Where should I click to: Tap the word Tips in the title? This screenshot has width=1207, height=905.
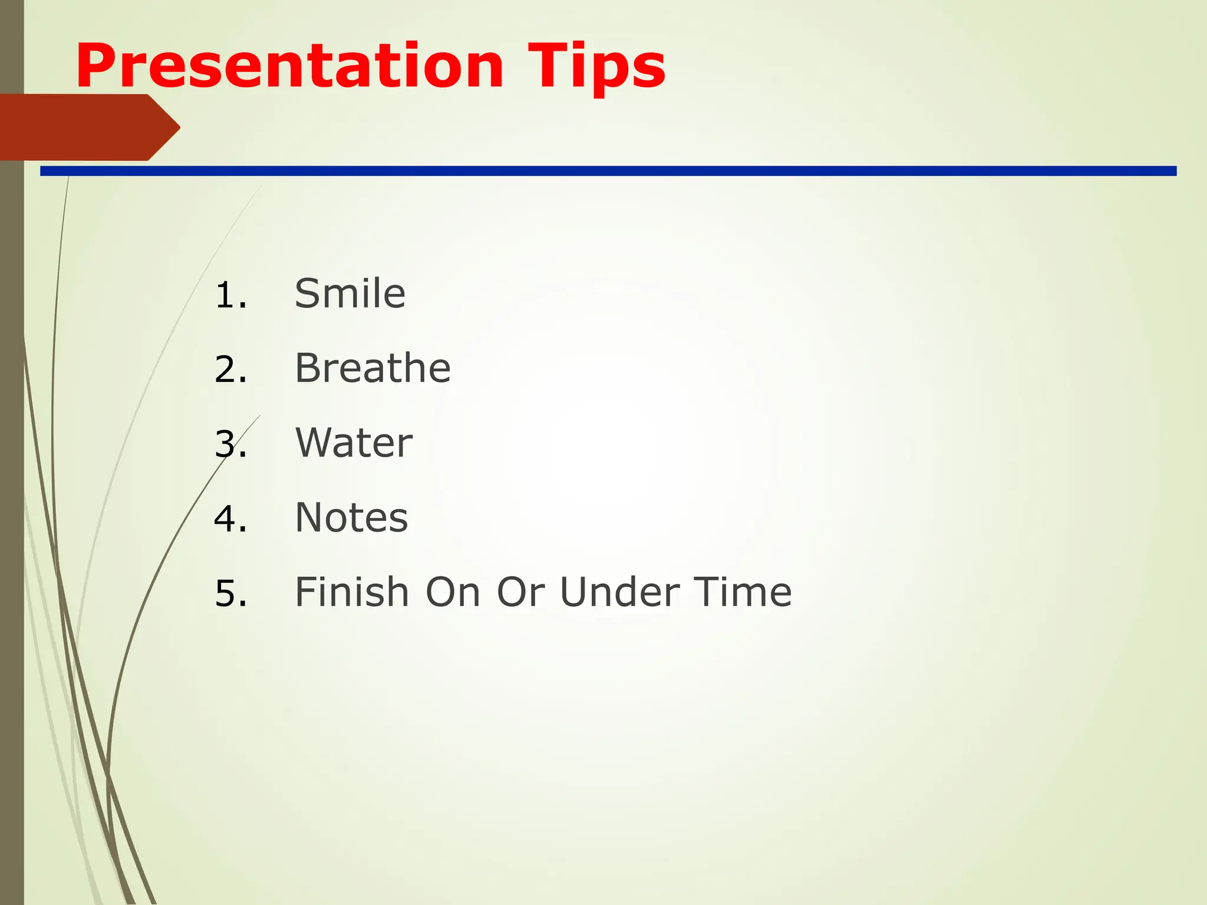point(596,68)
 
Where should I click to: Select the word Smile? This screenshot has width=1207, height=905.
point(350,293)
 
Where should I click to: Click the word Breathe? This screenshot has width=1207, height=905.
point(372,368)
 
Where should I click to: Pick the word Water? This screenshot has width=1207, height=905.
point(354,442)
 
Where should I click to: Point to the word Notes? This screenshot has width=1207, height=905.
point(351,517)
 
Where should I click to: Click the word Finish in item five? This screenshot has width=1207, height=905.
point(352,592)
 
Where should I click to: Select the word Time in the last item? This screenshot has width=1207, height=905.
point(742,592)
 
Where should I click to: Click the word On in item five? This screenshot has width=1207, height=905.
point(453,592)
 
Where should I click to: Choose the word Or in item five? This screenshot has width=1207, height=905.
point(520,592)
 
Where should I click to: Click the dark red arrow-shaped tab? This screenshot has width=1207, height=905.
point(83,127)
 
